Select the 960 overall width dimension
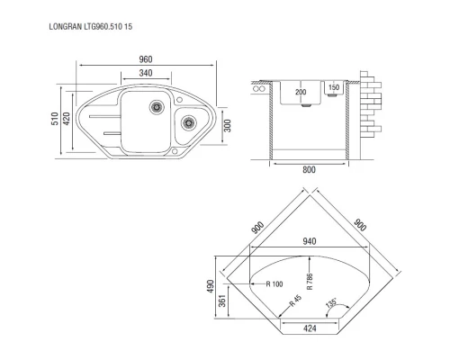click(146, 59)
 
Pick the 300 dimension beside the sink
click(227, 123)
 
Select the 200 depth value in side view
click(301, 92)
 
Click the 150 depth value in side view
click(333, 88)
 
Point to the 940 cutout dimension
click(311, 241)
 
